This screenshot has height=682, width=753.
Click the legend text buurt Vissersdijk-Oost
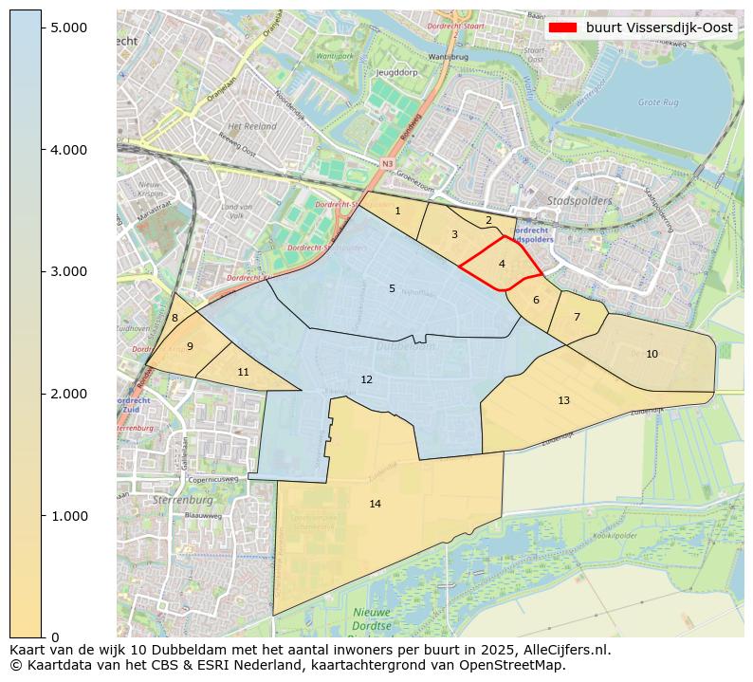point(658,28)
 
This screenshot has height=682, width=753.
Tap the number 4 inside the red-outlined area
point(502,264)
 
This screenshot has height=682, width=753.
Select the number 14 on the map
point(376,504)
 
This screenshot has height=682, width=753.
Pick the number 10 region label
point(652,354)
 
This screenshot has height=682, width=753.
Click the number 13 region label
point(563,400)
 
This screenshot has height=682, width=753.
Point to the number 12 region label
point(367,379)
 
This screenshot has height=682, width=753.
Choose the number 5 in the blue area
point(392,288)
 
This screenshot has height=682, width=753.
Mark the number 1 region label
point(397,211)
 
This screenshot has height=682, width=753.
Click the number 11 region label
point(243,372)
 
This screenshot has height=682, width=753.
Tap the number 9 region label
point(190,346)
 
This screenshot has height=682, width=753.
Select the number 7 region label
point(577,317)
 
